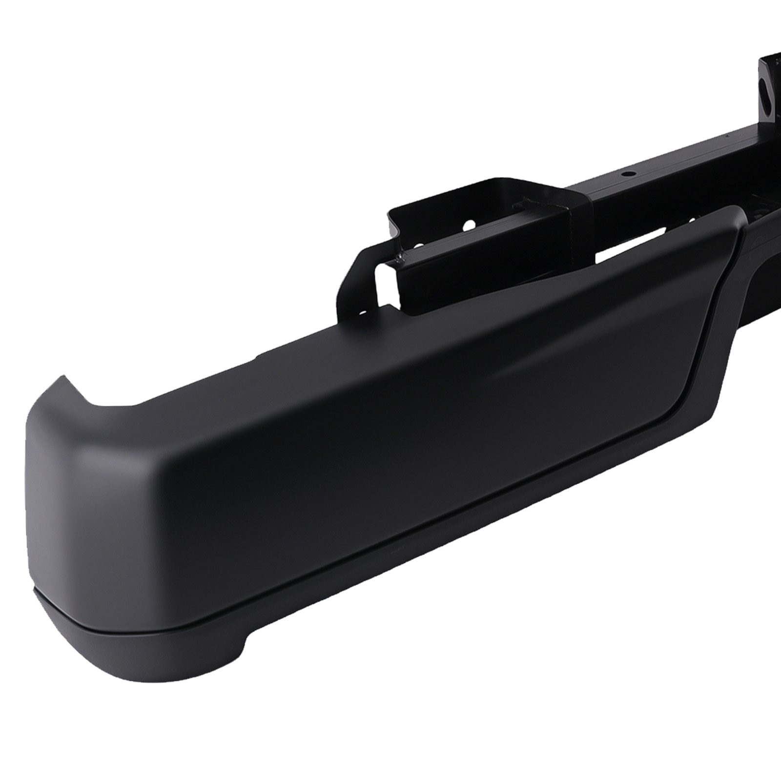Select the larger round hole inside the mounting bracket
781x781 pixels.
pyautogui.click(x=467, y=226)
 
